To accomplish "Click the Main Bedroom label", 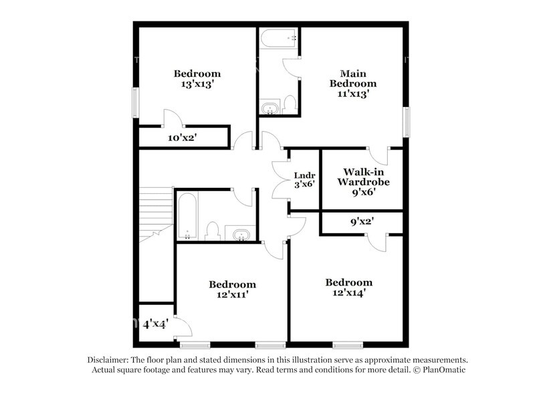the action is (353, 78).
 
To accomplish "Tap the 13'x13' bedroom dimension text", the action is (198, 84).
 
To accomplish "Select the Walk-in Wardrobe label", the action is (363, 176).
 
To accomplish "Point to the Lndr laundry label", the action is (305, 175).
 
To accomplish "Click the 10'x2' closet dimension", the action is (183, 138).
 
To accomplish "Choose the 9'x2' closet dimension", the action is (362, 221).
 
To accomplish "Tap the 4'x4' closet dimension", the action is (156, 324).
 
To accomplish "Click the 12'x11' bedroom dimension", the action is (233, 295).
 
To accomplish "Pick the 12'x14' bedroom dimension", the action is (349, 293).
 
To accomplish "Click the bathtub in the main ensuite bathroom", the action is (278, 39).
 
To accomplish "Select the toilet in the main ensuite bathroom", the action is (290, 104).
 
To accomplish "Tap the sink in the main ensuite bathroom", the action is (269, 108).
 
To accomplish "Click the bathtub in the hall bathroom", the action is (187, 216).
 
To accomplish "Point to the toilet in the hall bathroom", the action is (213, 231).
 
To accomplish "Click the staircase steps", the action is (156, 215).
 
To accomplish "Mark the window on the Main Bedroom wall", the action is (407, 122).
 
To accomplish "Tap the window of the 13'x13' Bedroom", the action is (136, 103).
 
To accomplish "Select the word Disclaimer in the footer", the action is (108, 360).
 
